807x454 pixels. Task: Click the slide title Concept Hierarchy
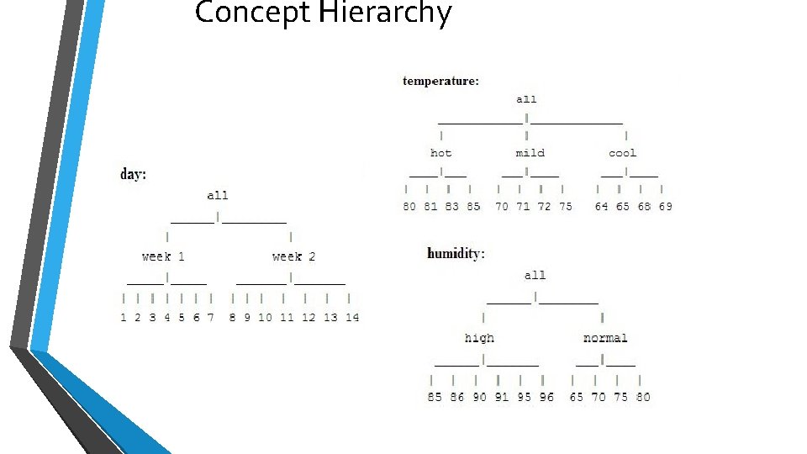[x=323, y=13]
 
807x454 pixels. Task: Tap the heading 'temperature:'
[x=441, y=82]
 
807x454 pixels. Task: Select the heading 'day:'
[x=134, y=175]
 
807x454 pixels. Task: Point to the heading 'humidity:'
[x=456, y=253]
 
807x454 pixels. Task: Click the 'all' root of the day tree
[x=218, y=195]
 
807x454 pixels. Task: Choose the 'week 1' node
[x=163, y=256]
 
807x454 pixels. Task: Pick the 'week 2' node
[x=293, y=256]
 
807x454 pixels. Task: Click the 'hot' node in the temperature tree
[x=440, y=153]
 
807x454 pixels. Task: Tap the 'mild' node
[x=530, y=153]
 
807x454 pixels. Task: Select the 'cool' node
[x=622, y=153]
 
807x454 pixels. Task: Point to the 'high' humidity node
[x=479, y=338]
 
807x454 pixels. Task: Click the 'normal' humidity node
[x=605, y=338]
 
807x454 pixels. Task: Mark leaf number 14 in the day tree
[x=352, y=318]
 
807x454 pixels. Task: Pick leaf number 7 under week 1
[x=210, y=318]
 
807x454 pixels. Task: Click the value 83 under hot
[x=452, y=207]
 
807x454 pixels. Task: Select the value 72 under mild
[x=544, y=207]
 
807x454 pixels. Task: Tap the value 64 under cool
[x=601, y=207]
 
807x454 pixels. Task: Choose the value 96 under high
[x=546, y=397]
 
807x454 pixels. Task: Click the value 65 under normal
[x=576, y=397]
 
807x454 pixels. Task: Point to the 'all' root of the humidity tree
[x=535, y=275]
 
